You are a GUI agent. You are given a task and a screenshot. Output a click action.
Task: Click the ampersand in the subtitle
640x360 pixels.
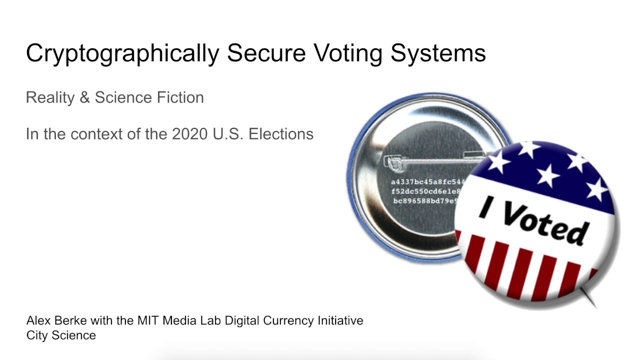(x=84, y=97)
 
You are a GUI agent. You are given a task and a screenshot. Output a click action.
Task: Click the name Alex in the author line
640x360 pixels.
(x=36, y=320)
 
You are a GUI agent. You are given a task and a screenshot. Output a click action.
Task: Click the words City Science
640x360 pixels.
(x=61, y=335)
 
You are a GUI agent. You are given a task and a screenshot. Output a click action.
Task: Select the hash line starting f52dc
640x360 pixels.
(x=426, y=191)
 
